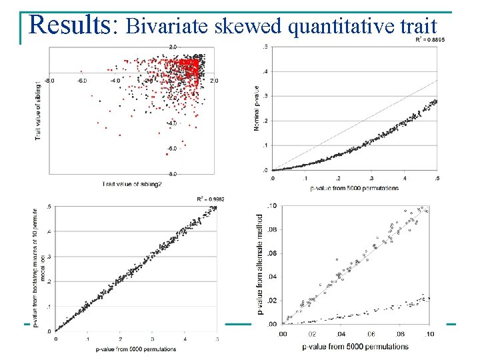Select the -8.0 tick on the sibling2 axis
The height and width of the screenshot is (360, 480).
(x=49, y=81)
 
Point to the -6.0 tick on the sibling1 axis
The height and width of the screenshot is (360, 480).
(x=173, y=149)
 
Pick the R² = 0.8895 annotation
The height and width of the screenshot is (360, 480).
(x=430, y=39)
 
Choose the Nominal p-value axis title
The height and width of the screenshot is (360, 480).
(x=257, y=109)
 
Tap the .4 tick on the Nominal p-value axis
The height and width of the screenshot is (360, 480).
(x=266, y=71)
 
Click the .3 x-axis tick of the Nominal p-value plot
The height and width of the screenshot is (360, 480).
(x=371, y=178)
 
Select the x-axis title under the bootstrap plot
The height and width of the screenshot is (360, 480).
(x=136, y=349)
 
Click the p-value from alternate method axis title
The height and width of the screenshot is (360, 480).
(x=261, y=264)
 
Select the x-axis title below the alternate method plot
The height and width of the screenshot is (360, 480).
(x=355, y=347)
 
